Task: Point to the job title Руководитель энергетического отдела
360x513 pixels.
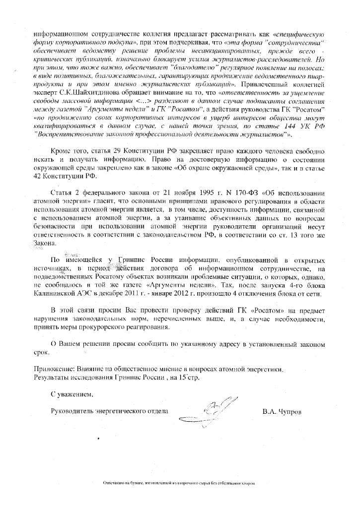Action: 109,412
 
